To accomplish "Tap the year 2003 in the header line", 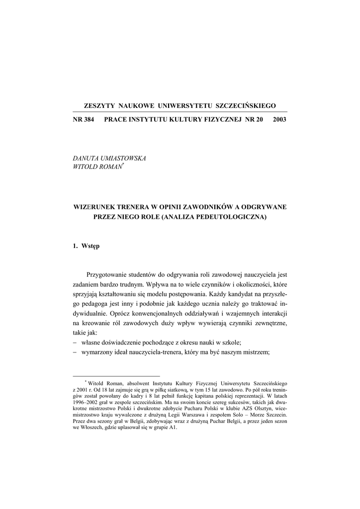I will tap(280, 120).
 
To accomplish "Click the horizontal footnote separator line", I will tap(116, 376).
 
